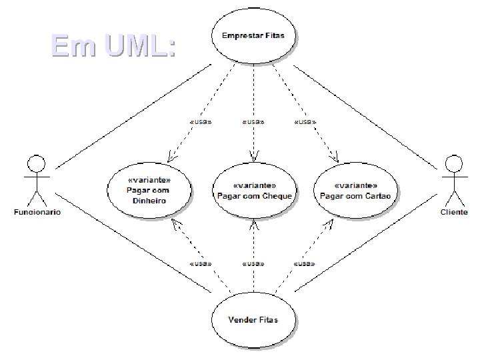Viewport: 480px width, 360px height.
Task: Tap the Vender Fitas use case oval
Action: click(x=253, y=320)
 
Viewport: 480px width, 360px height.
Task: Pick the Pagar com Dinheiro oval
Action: click(x=148, y=190)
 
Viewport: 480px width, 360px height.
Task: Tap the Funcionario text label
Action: click(x=37, y=213)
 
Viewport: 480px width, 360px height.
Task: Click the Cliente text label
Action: click(x=454, y=213)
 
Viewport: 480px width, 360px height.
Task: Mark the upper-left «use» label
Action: click(x=201, y=122)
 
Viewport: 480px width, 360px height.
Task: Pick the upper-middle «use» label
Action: click(x=253, y=122)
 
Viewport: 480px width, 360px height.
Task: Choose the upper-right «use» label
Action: click(x=305, y=122)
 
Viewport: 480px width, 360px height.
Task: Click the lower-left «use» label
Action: click(x=201, y=264)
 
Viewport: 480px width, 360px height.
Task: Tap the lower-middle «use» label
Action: click(x=253, y=264)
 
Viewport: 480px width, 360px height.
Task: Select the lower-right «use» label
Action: click(x=305, y=264)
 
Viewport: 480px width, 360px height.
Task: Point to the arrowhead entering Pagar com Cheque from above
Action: click(x=253, y=158)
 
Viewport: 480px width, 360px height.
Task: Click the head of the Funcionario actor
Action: click(x=36, y=163)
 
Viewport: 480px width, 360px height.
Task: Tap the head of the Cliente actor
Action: click(x=454, y=163)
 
